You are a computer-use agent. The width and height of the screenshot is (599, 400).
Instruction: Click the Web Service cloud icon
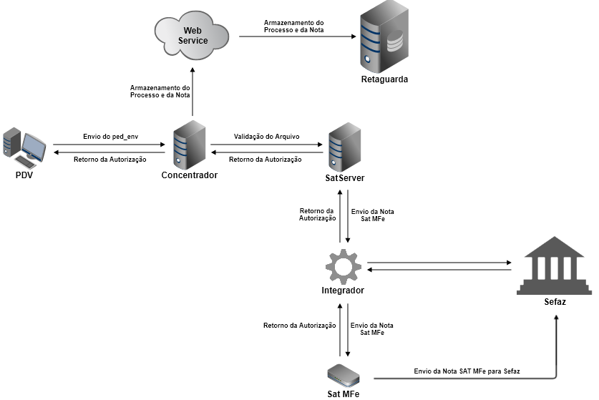point(192,35)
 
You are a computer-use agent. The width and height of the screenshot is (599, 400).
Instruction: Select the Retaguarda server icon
point(384,36)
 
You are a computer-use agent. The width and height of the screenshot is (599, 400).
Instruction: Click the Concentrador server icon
point(190,146)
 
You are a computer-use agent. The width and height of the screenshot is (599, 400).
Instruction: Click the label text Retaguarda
point(384,79)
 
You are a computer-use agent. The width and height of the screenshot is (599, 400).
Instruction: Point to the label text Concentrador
point(190,175)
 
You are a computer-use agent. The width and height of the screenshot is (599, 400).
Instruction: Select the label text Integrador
point(343,291)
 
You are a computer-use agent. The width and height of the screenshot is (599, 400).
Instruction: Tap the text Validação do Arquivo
point(266,136)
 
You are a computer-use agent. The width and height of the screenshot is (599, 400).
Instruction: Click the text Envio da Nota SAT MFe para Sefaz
point(467,371)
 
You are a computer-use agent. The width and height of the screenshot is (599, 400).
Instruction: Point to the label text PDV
point(24,175)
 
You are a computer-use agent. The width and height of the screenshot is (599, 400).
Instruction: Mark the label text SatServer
point(345,177)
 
